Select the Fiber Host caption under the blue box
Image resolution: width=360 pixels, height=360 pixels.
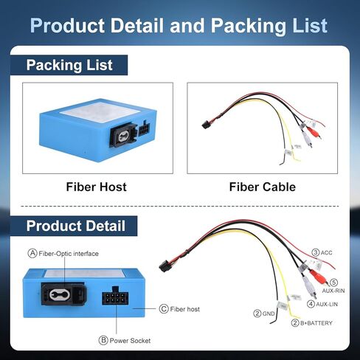tap(97, 187)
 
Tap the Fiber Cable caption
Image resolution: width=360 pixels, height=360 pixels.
tap(263, 187)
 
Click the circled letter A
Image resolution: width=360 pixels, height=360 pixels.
tap(32, 253)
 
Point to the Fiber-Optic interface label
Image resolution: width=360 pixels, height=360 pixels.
tap(69, 254)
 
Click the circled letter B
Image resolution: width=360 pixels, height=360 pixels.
tap(103, 340)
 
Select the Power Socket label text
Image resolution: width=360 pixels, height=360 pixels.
tap(130, 341)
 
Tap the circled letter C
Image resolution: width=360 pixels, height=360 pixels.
tap(164, 309)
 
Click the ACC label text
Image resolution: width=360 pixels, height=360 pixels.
tap(327, 252)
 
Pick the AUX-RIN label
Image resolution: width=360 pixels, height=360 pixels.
tap(333, 291)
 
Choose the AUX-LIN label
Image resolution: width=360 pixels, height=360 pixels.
tap(327, 304)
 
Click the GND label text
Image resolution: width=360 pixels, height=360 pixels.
tap(269, 314)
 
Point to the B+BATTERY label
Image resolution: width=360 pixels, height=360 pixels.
tap(316, 323)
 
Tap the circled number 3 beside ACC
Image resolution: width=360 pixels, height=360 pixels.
tap(316, 252)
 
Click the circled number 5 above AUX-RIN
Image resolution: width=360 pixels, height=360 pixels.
tap(333, 283)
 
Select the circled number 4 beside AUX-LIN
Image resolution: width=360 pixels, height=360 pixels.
tap(311, 304)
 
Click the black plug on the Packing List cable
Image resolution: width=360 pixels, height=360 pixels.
tap(206, 125)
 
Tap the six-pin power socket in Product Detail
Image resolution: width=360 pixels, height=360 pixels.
tap(115, 297)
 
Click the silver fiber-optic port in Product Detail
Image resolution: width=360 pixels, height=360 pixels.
tap(60, 294)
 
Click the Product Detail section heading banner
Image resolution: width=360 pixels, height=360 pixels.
tap(74, 226)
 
